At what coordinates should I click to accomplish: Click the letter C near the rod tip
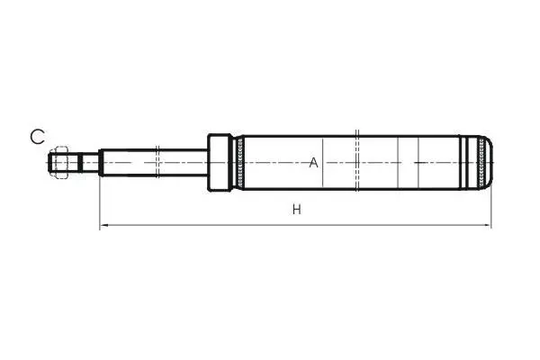[37, 137]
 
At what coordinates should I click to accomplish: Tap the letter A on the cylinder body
[313, 163]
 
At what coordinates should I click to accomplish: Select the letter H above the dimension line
[296, 209]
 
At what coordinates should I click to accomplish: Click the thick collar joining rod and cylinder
[219, 163]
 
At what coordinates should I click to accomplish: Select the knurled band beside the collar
[240, 163]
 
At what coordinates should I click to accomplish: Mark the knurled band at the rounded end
[481, 163]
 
